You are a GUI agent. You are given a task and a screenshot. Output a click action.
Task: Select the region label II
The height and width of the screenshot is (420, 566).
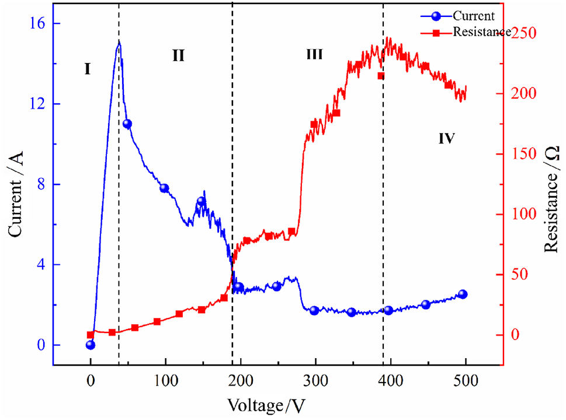[178, 56]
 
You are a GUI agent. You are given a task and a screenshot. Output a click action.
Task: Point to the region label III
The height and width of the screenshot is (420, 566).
[314, 55]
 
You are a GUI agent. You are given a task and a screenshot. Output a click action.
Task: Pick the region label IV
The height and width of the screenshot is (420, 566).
[446, 139]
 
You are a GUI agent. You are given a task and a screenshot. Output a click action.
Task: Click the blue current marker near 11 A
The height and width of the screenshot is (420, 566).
[127, 124]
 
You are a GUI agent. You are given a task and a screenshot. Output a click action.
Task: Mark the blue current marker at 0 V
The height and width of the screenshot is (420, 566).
[91, 345]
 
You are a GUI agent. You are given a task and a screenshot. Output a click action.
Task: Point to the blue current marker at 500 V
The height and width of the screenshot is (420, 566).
[463, 294]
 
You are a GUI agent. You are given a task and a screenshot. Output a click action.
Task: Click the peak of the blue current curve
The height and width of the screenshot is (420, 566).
[119, 42]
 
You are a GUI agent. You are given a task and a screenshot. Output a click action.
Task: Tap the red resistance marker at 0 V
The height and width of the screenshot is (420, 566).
[91, 335]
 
